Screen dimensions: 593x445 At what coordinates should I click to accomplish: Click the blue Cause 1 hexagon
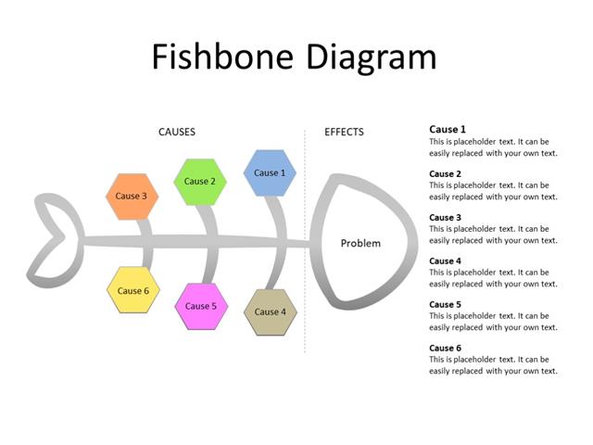[x=270, y=173]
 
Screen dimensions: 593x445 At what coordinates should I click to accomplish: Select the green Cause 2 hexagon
[x=199, y=182]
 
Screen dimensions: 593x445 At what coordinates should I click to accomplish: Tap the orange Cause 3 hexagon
[x=132, y=197]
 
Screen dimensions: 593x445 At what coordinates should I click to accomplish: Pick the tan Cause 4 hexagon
[x=271, y=312]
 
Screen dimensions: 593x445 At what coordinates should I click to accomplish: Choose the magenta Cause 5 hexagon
[x=201, y=306]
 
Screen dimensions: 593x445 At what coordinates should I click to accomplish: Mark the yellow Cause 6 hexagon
[x=133, y=291]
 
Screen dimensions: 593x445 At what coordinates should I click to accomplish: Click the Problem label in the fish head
[x=360, y=244]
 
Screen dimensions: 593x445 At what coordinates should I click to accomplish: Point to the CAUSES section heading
[x=177, y=133]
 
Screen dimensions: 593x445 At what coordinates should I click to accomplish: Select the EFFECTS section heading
[x=344, y=133]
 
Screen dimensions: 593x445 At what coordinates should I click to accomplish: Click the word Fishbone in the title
[x=220, y=57]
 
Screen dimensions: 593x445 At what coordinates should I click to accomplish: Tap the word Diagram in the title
[x=368, y=57]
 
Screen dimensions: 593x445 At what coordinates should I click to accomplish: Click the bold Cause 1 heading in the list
[x=448, y=130]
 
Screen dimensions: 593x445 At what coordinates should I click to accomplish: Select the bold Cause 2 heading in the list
[x=444, y=174]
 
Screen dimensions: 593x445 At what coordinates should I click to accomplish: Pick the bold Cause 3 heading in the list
[x=444, y=218]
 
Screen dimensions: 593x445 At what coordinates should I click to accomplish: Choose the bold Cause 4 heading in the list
[x=444, y=261]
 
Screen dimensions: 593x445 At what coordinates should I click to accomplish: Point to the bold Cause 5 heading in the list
[x=444, y=305]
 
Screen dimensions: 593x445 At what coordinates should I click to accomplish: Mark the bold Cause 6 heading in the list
[x=444, y=349]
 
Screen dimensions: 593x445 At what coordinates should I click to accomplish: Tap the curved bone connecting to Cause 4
[x=277, y=269]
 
